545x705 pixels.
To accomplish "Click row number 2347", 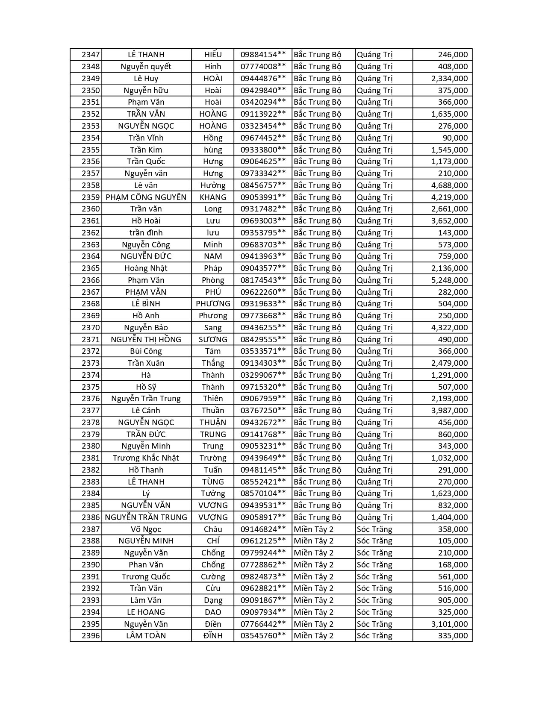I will (x=91, y=55).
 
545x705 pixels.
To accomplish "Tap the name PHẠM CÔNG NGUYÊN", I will (x=146, y=197).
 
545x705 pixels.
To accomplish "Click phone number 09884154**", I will (x=263, y=55).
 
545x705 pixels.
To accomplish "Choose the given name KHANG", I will (x=213, y=197).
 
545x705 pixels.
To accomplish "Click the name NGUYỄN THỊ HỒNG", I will (x=146, y=340).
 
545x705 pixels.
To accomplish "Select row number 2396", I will (x=91, y=636).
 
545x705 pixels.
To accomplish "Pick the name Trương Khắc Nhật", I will (x=146, y=458).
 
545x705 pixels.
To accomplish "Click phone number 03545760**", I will (x=263, y=636).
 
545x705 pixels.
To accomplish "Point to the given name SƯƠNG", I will (x=213, y=340).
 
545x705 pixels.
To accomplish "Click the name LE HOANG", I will (x=146, y=612).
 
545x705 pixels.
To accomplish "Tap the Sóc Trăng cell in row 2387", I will (x=374, y=529).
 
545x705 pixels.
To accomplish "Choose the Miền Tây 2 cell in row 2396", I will (x=314, y=636).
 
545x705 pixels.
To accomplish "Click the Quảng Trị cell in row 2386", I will (x=374, y=517).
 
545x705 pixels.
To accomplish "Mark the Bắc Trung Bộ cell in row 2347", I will (x=318, y=55).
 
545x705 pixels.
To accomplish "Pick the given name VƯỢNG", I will (x=213, y=517).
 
